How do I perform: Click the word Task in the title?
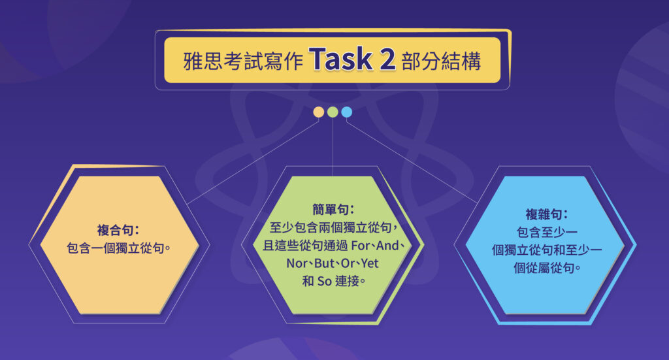(x=341, y=60)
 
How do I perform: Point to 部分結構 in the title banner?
(x=442, y=61)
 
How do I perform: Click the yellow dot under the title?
(x=318, y=112)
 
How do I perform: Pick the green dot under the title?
(x=333, y=112)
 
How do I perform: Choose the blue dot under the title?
(x=347, y=112)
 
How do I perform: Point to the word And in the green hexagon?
(x=391, y=246)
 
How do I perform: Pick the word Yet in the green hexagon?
(x=370, y=265)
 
